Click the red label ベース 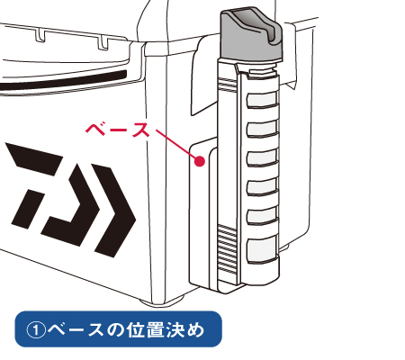coord(118,130)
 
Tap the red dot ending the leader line coord(200,161)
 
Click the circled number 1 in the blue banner coord(36,330)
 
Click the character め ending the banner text coord(195,330)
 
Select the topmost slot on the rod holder coord(262,100)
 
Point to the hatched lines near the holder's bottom coord(228,249)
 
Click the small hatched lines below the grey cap coord(228,84)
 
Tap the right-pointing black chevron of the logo coord(114,211)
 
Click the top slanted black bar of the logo coord(34,158)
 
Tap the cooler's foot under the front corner coord(162,301)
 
